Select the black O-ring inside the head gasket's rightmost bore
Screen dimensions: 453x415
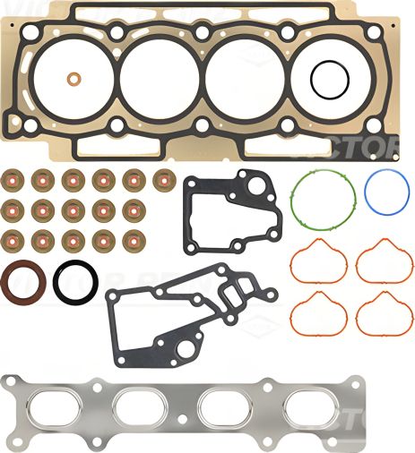[x=328, y=80]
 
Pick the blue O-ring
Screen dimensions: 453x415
[x=387, y=191]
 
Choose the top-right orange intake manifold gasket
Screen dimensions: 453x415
[x=377, y=261]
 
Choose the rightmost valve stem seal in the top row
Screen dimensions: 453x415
[x=163, y=180]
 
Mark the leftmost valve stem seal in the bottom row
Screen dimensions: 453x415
[x=13, y=240]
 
